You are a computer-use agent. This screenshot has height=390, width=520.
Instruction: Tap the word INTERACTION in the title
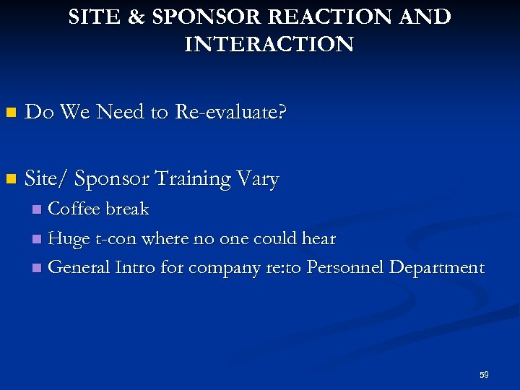(269, 45)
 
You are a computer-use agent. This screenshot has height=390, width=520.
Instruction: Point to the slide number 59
(484, 375)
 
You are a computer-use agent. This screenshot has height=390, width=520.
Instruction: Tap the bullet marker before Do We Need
(9, 113)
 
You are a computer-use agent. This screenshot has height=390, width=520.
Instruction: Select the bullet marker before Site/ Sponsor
(9, 178)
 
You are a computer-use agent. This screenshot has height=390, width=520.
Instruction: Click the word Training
(194, 178)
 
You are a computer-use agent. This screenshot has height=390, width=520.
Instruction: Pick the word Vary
(259, 178)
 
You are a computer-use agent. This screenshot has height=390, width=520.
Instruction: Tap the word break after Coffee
(128, 209)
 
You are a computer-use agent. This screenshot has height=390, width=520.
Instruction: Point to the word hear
(318, 238)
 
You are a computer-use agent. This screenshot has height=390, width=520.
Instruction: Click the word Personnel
(344, 267)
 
